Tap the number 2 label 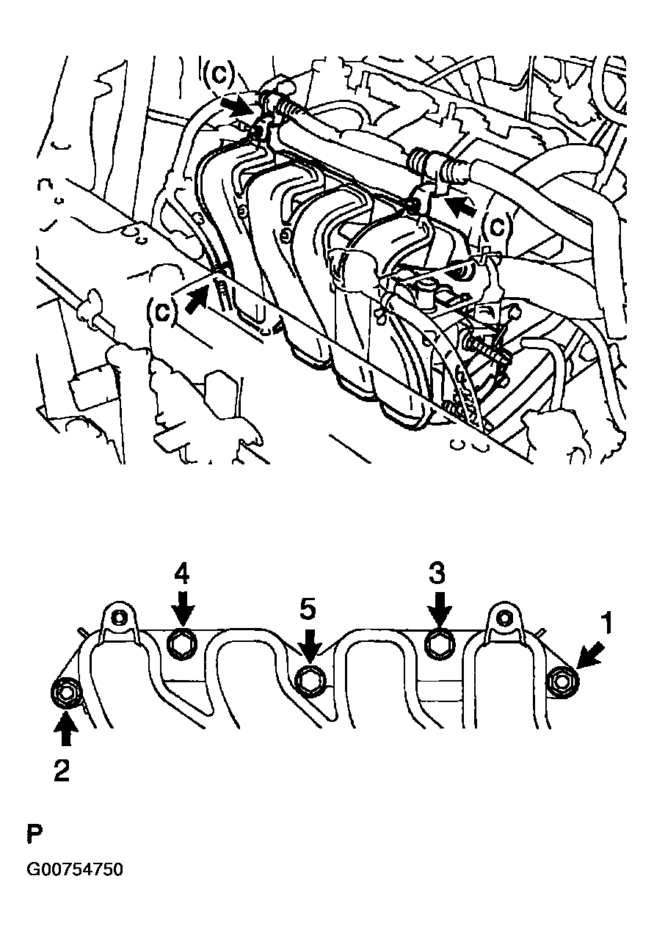pyautogui.click(x=62, y=770)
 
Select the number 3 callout pyautogui.click(x=437, y=573)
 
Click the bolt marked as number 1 pyautogui.click(x=562, y=680)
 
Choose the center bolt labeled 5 pyautogui.click(x=309, y=679)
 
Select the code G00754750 pyautogui.click(x=75, y=869)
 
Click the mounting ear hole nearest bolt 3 pyautogui.click(x=504, y=618)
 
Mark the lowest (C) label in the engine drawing pyautogui.click(x=162, y=312)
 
